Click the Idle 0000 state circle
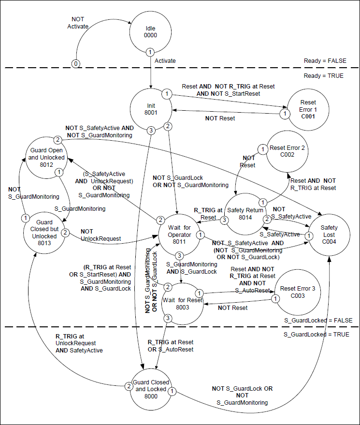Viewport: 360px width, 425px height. pos(151,32)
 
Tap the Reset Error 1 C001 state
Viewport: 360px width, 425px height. pos(307,109)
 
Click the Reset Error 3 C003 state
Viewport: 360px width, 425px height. pos(296,293)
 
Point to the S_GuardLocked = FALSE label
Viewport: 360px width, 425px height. pos(318,320)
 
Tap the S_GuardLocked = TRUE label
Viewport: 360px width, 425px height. pos(316,335)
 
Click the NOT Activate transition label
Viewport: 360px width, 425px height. pos(78,23)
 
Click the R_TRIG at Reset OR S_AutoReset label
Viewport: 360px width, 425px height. pos(171,346)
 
